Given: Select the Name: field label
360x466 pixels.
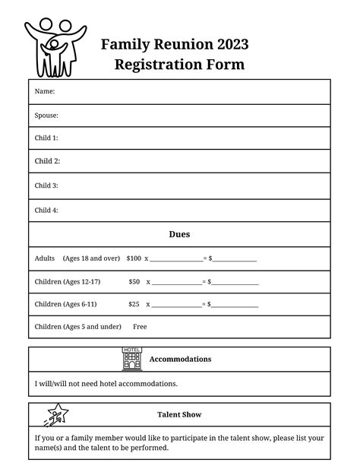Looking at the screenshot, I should point(45,91).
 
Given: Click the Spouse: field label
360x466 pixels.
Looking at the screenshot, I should point(46,116).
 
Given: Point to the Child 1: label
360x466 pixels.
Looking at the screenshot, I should point(46,138).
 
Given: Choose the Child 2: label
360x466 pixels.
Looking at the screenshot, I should point(47,161).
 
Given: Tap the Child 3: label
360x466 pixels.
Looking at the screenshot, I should point(46,185).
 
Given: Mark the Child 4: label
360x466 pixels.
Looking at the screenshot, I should point(46,210).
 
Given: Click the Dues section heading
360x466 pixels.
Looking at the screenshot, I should point(179,234).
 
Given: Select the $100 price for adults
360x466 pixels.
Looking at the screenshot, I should point(134,258).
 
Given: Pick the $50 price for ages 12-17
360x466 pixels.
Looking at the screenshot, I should point(134,281).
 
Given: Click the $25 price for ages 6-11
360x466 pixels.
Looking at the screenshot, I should point(134,304).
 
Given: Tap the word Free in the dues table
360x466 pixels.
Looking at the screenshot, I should point(140,326).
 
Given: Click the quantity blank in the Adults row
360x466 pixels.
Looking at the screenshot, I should point(175,260).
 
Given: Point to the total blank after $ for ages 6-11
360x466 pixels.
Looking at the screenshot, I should point(235,306).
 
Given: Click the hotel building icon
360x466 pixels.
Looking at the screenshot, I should point(131,359).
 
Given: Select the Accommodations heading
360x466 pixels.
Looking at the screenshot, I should point(180,359).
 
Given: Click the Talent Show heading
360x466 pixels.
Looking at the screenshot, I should point(179,415).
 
